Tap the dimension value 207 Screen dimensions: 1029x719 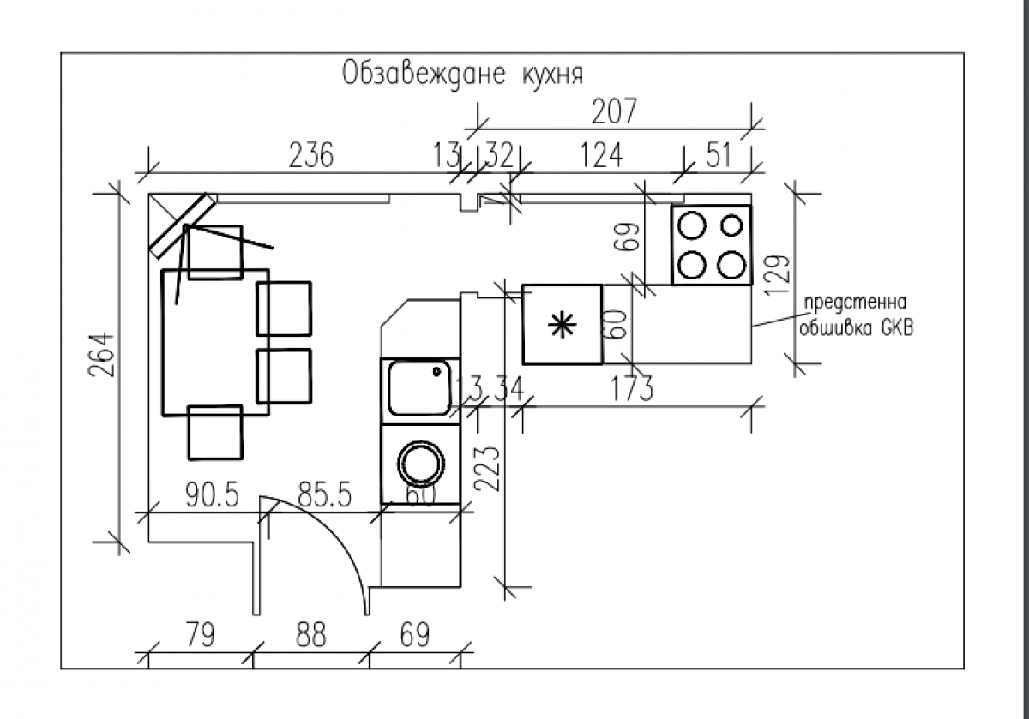pos(614,111)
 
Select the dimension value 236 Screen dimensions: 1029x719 pos(311,155)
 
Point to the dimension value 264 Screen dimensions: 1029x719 pos(101,355)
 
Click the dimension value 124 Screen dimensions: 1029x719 pos(601,155)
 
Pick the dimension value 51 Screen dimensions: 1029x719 pos(718,155)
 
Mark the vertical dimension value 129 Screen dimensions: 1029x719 pos(777,274)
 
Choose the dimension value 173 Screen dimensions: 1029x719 pos(632,388)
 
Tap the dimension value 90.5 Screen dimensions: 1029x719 pos(213,494)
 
